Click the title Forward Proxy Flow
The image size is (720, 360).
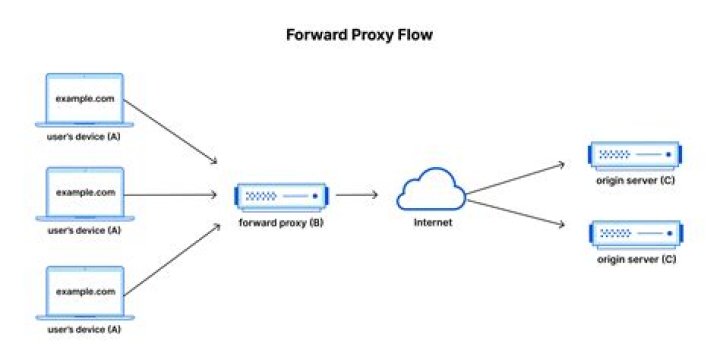(360, 34)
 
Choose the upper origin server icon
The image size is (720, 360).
(636, 155)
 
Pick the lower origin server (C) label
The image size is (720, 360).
(637, 260)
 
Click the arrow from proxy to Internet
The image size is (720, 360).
(356, 194)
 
